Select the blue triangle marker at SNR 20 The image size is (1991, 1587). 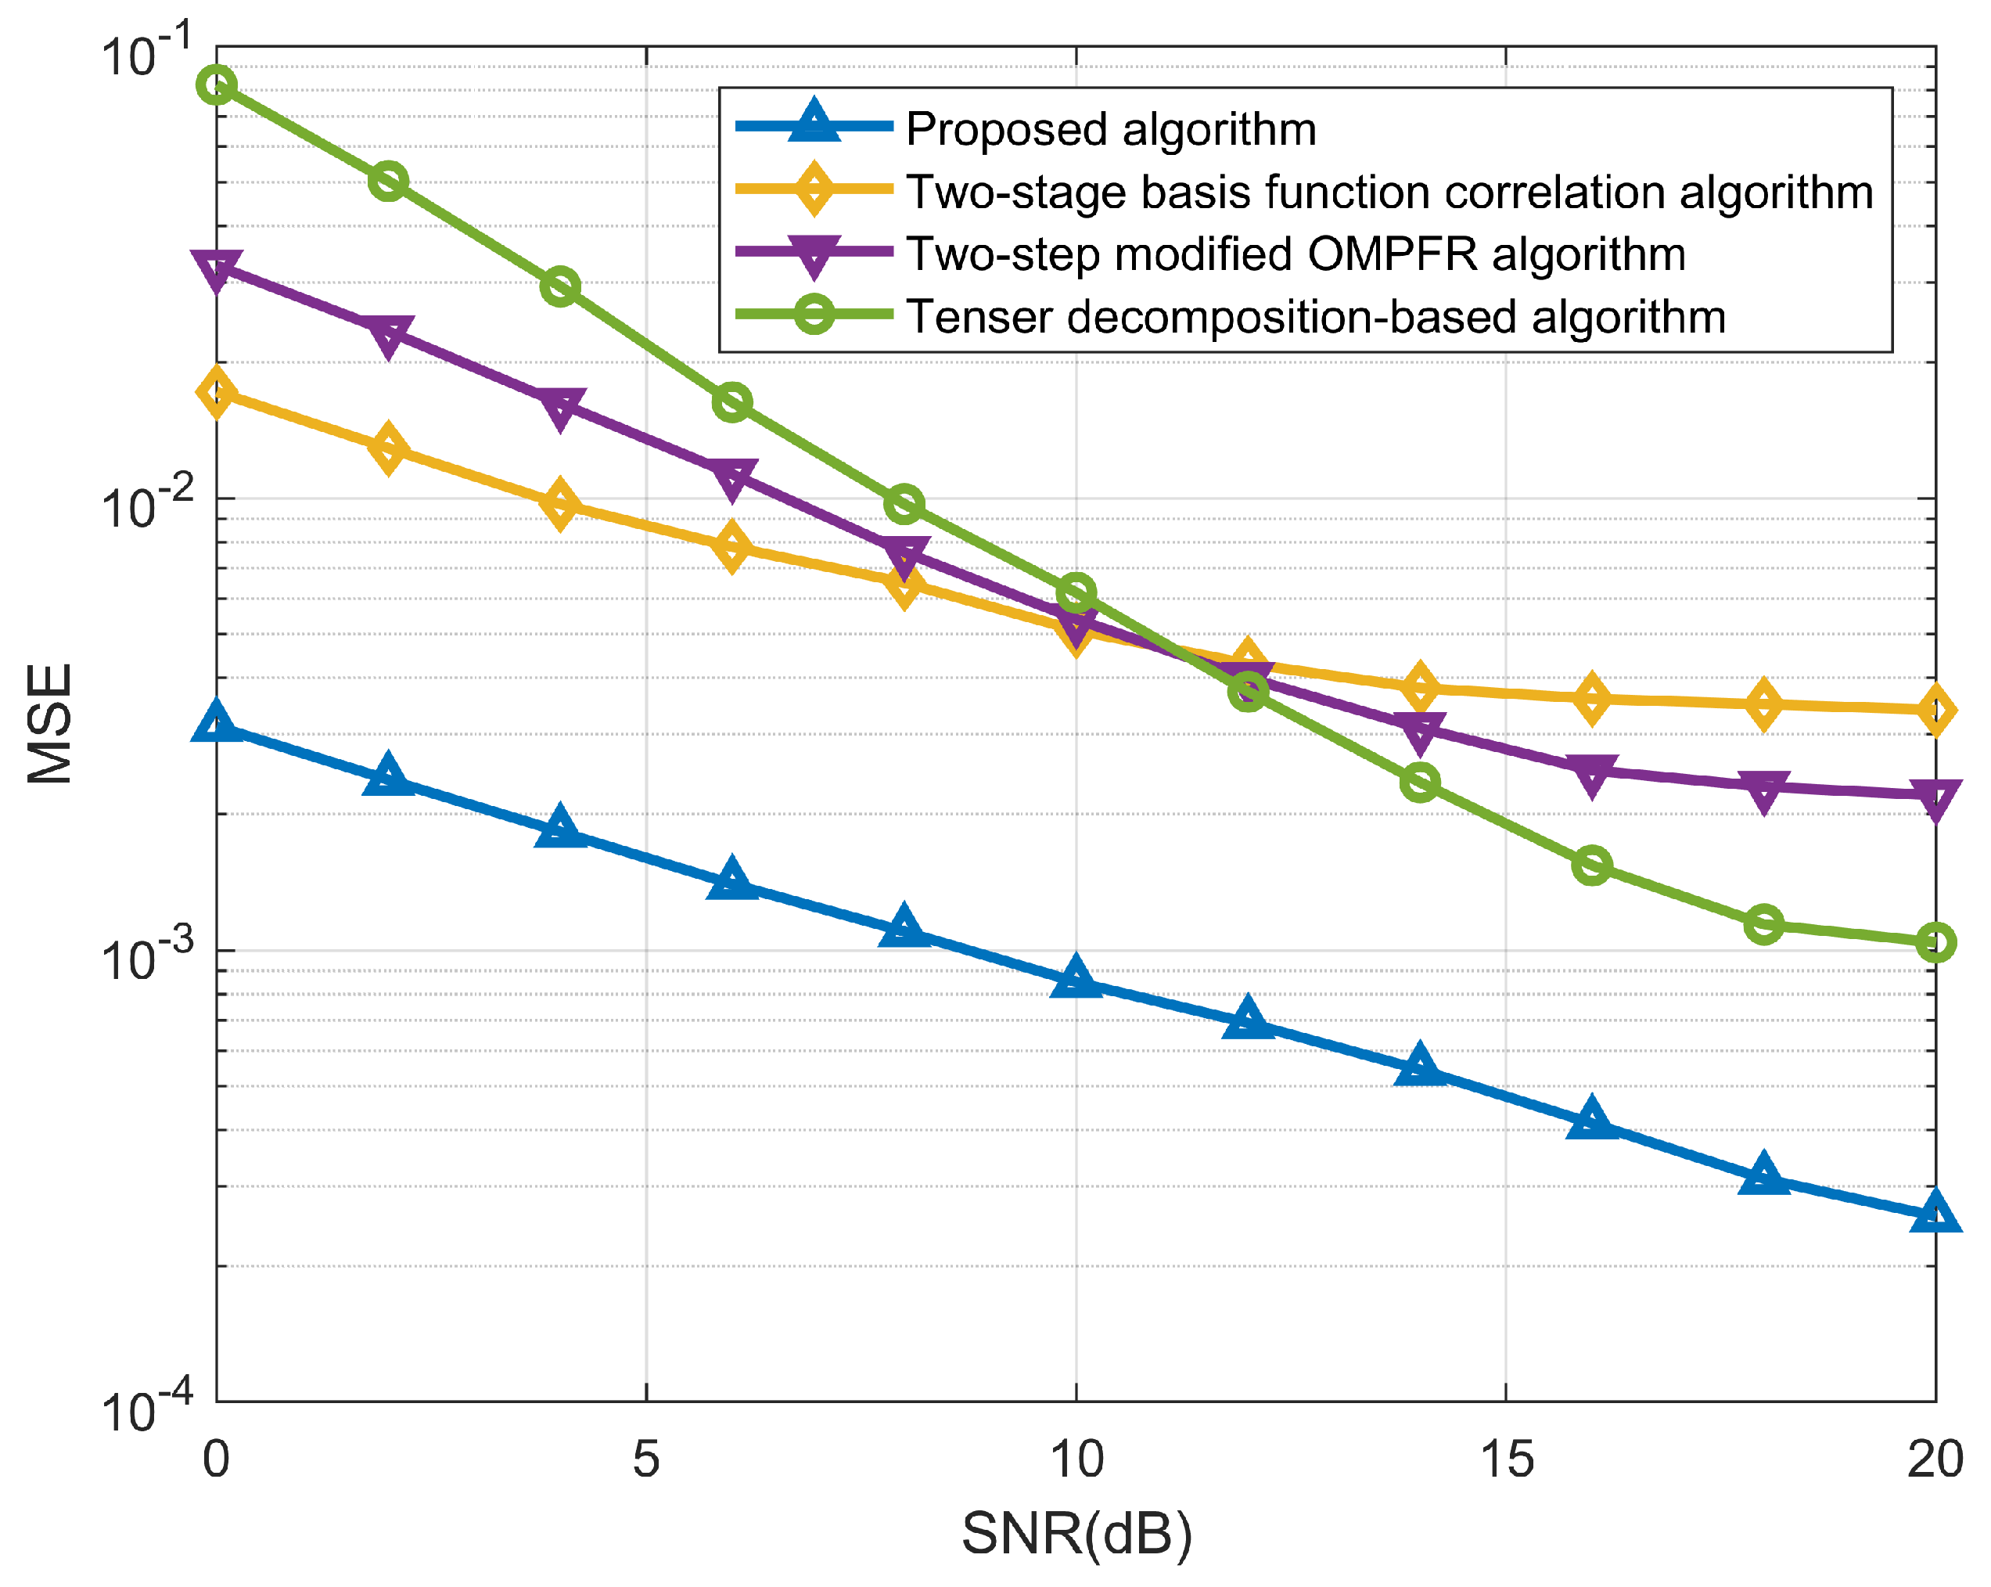(1935, 1213)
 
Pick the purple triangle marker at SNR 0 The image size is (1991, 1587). (217, 268)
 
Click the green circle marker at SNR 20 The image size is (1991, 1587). (1935, 942)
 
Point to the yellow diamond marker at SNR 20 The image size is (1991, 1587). (1935, 710)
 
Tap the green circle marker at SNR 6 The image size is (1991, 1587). (732, 403)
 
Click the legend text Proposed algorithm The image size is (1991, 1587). (1111, 128)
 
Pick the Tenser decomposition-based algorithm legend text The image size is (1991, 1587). (1315, 317)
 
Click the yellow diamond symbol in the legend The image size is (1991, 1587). (814, 189)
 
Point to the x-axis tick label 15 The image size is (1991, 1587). (1506, 1459)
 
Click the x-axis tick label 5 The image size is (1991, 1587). (646, 1459)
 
